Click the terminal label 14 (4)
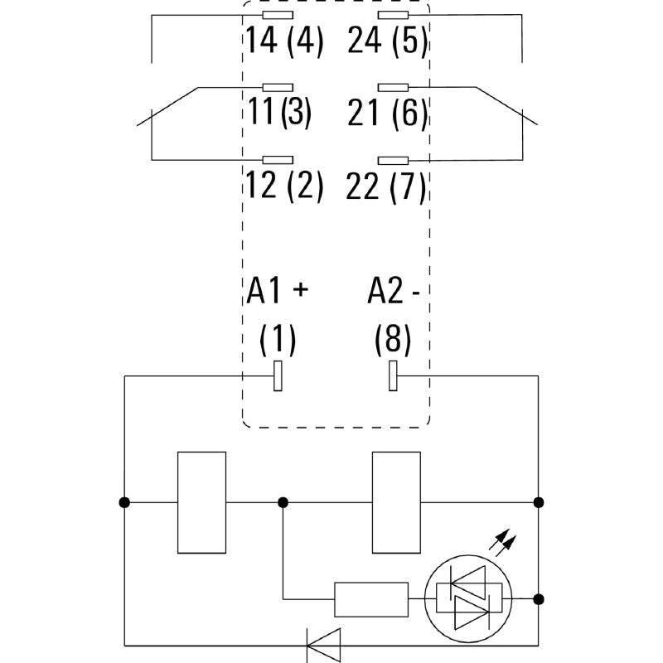tap(284, 40)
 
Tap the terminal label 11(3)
tap(278, 114)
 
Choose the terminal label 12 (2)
tap(284, 186)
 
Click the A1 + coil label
tap(277, 291)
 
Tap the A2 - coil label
tap(394, 291)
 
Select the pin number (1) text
tap(278, 337)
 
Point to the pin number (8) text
tap(392, 337)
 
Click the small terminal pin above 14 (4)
tap(277, 16)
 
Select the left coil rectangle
tap(202, 501)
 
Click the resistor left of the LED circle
tap(370, 598)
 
